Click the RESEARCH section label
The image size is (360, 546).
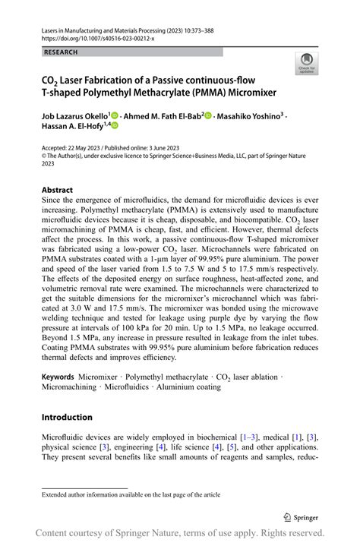pyautogui.click(x=61, y=52)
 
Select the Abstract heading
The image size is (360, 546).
pyautogui.click(x=57, y=190)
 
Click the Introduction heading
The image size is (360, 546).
pyautogui.click(x=67, y=417)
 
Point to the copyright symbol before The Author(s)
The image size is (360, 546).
pyautogui.click(x=44, y=155)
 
